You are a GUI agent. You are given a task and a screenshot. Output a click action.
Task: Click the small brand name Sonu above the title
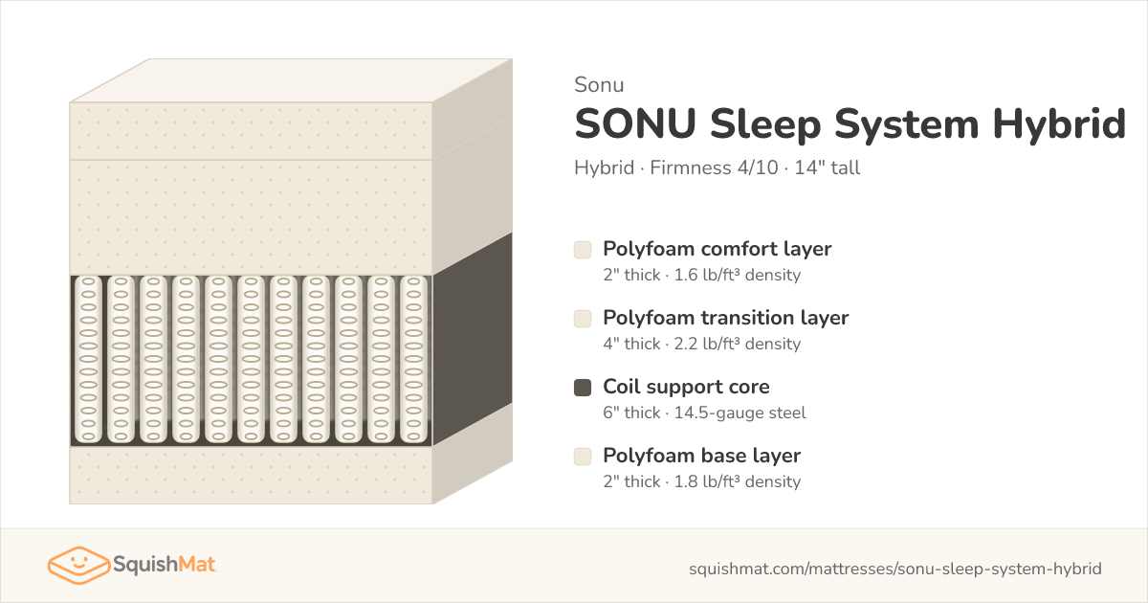[x=599, y=84]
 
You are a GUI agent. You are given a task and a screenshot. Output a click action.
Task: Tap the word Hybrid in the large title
[x=1059, y=123]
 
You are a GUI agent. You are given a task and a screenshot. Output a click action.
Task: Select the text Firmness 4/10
[x=714, y=167]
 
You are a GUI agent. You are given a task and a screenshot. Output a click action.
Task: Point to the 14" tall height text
[x=828, y=167]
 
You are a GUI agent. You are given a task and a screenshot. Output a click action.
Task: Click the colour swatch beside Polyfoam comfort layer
[x=583, y=250]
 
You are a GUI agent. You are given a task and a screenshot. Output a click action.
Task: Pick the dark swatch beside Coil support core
[x=583, y=388]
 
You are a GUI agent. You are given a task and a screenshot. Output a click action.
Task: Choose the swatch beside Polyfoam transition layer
[x=583, y=319]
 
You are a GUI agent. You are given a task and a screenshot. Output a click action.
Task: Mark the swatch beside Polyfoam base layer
[x=583, y=457]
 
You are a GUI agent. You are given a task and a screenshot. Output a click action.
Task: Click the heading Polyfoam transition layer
[x=726, y=318]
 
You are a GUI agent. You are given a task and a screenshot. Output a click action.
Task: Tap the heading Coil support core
[x=686, y=387]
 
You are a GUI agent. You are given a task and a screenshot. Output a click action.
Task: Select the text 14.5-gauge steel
[x=740, y=413]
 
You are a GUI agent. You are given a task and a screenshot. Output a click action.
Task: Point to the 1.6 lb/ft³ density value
[x=737, y=275]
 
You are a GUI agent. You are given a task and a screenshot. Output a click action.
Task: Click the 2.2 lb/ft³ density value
[x=737, y=344]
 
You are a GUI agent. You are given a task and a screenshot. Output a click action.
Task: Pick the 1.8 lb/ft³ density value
[x=737, y=481]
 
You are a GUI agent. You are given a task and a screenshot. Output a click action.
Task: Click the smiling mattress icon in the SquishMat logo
[x=78, y=565]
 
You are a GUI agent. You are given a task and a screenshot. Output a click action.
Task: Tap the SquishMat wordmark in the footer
[x=164, y=564]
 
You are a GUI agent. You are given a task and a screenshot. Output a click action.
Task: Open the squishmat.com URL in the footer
[x=894, y=569]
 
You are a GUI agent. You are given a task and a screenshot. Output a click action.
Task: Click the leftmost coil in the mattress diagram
[x=89, y=360]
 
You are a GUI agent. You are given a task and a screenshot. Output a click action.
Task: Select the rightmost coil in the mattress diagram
[x=413, y=360]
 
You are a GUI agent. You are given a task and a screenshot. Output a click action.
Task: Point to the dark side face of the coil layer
[x=473, y=339]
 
